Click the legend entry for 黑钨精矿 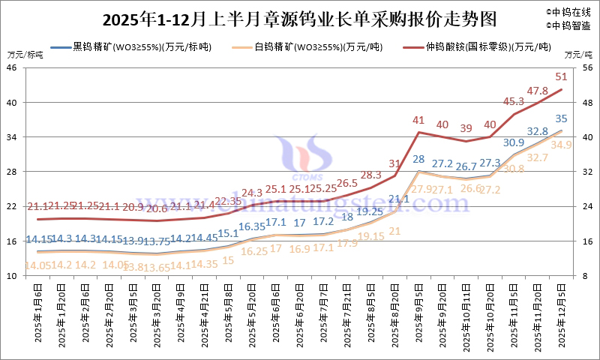[142, 47]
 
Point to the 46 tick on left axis [13, 67]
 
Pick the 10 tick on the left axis [13, 276]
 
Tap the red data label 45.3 [514, 101]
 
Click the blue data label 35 [561, 118]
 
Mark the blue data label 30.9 [514, 142]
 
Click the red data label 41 [418, 120]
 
